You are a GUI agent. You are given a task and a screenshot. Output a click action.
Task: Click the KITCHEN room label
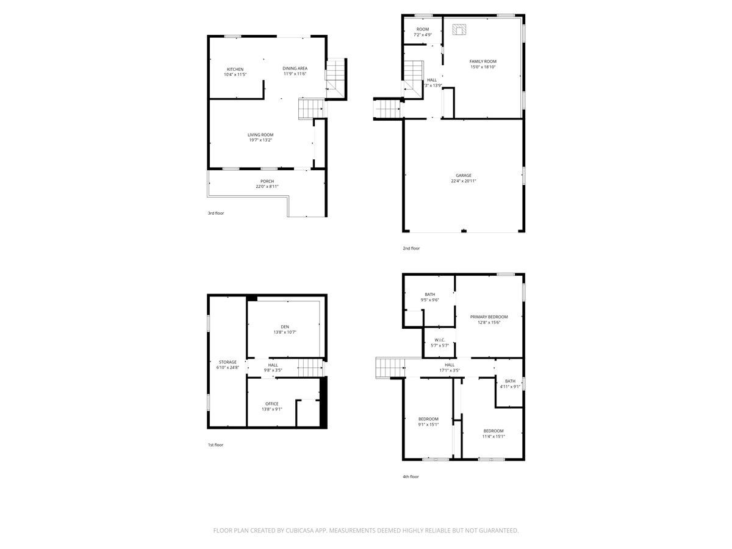235,69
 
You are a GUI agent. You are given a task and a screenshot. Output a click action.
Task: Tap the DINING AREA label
295,68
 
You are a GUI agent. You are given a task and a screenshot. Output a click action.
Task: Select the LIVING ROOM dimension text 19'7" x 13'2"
260,140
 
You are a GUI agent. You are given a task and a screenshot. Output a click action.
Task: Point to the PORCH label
267,181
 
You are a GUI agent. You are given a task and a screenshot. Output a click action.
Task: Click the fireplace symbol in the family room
460,29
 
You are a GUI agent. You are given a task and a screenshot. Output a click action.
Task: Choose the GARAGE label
463,176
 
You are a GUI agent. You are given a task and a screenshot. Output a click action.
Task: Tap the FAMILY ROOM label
483,62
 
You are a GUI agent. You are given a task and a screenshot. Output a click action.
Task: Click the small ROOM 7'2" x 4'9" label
422,29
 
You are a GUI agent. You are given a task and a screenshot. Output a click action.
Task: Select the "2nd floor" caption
411,248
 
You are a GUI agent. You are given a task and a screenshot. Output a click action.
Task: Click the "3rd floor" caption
216,213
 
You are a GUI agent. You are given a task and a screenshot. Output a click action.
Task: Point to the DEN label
284,327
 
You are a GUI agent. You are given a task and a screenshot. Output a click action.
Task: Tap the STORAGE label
228,362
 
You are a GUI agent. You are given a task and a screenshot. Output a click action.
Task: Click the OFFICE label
271,404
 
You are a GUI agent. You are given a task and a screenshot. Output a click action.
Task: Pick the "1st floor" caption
215,445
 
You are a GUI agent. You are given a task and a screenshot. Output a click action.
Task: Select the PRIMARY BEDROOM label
489,317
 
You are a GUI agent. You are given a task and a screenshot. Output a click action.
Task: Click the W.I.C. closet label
440,340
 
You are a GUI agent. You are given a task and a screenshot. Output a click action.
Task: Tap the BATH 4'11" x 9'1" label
510,381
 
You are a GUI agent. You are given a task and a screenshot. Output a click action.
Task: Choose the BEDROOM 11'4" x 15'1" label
493,431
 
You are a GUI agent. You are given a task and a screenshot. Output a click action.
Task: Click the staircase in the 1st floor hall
309,368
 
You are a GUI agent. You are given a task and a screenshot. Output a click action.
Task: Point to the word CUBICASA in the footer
302,531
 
